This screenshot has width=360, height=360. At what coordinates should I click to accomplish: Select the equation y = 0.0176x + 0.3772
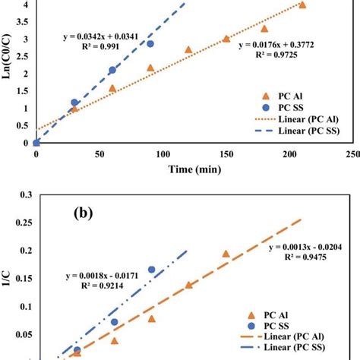pos(277,45)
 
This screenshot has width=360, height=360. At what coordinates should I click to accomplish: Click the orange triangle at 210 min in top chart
pos(302,5)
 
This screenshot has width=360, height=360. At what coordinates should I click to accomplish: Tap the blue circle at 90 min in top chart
pos(150,44)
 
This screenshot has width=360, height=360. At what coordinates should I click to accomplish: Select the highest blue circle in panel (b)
pos(151,270)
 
